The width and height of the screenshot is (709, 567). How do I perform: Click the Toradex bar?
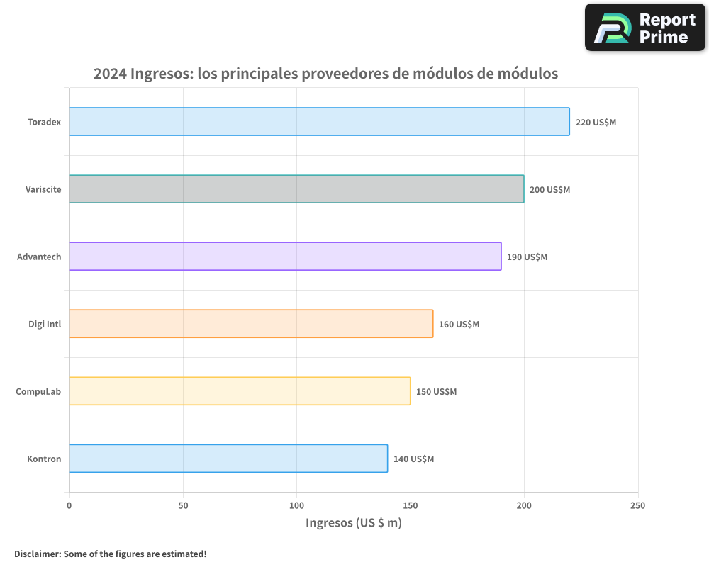[319, 122]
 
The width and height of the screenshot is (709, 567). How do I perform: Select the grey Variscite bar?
[296, 189]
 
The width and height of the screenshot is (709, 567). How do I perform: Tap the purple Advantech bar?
[285, 257]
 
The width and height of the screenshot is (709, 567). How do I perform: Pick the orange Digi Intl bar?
[251, 324]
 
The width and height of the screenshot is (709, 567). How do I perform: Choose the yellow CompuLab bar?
[240, 391]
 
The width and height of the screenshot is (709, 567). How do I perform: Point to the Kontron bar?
[228, 459]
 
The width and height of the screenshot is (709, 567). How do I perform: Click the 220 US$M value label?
[596, 123]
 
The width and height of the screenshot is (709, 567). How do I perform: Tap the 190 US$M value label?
[527, 257]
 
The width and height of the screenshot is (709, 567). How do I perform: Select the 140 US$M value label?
[413, 459]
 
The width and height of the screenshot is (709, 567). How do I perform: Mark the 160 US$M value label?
[459, 325]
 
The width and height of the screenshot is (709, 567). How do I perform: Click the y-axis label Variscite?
[43, 190]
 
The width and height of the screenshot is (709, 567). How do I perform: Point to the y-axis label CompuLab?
[38, 392]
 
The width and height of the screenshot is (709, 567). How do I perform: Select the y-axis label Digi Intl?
[44, 325]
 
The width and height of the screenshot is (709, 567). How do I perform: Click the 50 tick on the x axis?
[183, 505]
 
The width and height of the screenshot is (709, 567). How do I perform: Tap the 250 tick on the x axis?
[637, 505]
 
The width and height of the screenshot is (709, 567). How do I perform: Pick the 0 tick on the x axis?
[69, 505]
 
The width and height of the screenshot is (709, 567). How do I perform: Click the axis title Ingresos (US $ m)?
[354, 523]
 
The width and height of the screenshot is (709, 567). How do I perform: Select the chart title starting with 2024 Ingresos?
[325, 74]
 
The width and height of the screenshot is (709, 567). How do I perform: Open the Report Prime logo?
[644, 28]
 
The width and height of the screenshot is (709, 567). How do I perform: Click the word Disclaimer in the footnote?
[37, 554]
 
